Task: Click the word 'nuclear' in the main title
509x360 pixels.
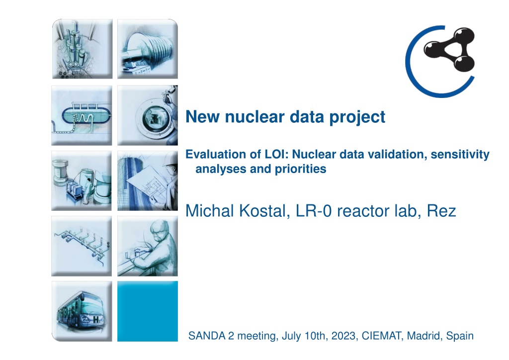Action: click(x=255, y=116)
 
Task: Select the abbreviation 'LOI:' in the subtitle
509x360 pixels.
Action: click(x=276, y=154)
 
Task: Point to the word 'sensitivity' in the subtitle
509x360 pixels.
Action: click(x=460, y=155)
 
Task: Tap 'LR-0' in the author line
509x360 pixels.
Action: click(x=314, y=211)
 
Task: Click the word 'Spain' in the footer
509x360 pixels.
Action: click(x=460, y=336)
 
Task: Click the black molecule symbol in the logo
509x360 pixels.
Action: click(x=449, y=49)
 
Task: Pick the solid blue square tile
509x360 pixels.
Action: click(x=147, y=311)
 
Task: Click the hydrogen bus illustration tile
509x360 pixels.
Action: click(x=82, y=311)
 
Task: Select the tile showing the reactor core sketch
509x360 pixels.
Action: click(x=82, y=49)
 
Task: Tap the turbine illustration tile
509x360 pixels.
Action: click(x=147, y=49)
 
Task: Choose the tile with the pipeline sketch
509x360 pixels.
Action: click(x=82, y=246)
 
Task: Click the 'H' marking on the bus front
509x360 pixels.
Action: click(x=96, y=319)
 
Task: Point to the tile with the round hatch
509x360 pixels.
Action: click(x=147, y=115)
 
